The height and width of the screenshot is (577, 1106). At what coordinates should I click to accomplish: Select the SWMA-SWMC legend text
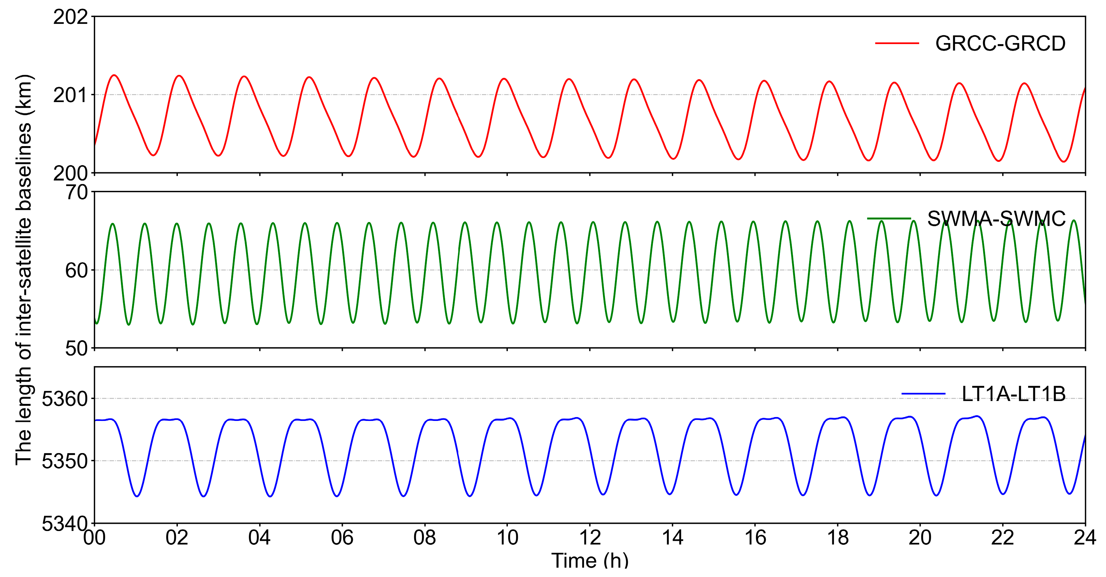[996, 219]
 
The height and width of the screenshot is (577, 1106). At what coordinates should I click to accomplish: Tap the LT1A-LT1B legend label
[1013, 394]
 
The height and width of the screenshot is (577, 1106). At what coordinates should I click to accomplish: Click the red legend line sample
[897, 43]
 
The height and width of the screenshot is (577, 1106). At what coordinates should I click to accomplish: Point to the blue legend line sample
[923, 394]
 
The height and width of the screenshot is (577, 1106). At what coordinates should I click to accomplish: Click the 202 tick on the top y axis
[70, 18]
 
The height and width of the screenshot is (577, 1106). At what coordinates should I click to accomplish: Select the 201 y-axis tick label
[70, 95]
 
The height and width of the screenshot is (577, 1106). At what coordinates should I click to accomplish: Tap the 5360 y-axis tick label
[64, 399]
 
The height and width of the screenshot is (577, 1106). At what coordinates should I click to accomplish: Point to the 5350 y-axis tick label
[64, 461]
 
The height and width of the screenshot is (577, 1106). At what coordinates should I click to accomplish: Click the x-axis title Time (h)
[590, 561]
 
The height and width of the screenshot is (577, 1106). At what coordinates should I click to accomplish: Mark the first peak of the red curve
[114, 75]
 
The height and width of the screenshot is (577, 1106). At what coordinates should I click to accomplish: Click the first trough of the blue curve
[137, 496]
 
